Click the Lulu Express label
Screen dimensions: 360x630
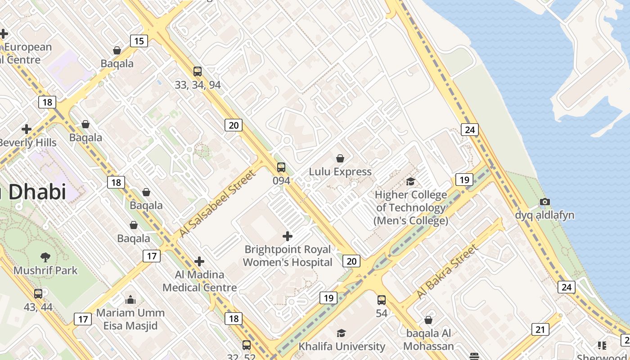click(340, 171)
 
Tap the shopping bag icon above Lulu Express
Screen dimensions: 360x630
click(340, 158)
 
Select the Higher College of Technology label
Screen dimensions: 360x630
click(411, 207)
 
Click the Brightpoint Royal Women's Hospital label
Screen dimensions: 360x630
click(288, 256)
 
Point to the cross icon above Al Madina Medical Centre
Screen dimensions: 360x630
click(199, 261)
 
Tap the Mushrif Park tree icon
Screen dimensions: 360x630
click(45, 257)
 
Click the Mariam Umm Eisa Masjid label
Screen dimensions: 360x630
click(130, 319)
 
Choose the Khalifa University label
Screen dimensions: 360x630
click(342, 346)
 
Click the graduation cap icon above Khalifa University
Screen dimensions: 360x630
click(342, 333)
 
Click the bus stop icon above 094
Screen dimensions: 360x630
click(281, 167)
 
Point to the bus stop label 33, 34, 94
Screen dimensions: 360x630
click(198, 85)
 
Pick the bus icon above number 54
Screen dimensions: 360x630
click(382, 300)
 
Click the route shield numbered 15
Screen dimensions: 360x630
click(139, 41)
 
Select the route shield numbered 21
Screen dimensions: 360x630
click(540, 329)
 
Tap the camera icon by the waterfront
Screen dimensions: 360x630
click(544, 202)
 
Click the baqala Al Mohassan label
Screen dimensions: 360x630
click(428, 340)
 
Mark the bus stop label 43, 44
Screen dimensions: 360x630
click(38, 307)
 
